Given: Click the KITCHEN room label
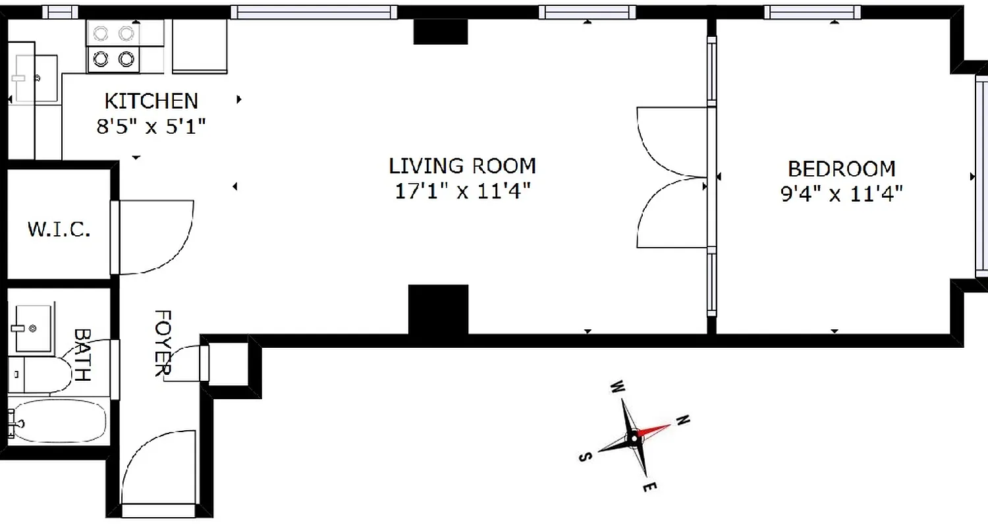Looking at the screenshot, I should (151, 101).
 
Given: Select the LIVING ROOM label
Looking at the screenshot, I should (462, 165).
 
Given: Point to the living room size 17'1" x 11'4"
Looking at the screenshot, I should (462, 191).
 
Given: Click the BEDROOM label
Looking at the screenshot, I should (842, 169).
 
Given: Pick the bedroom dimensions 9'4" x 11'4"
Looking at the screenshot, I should (842, 194).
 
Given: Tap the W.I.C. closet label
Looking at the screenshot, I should (59, 230).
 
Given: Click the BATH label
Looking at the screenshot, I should (82, 356).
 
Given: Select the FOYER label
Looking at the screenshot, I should (162, 343).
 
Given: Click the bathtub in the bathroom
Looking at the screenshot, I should (60, 422).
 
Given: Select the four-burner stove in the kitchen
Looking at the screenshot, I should (113, 47).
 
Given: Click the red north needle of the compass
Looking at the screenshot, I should (653, 431).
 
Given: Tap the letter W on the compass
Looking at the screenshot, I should (617, 386).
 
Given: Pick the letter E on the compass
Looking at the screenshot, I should (649, 487).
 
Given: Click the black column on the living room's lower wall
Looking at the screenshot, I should (438, 310).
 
